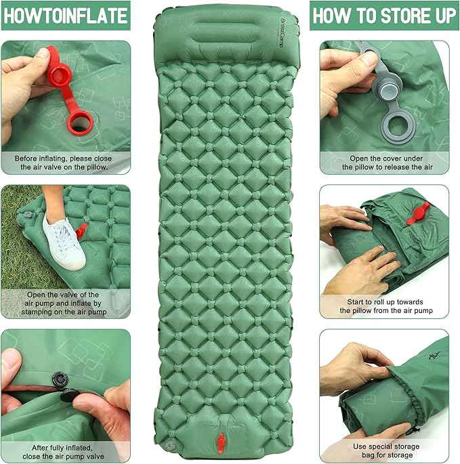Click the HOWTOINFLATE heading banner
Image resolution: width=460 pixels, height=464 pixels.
[66, 15]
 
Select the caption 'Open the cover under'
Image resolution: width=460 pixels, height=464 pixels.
[383, 162]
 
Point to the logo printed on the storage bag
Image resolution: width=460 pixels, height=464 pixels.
[432, 355]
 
